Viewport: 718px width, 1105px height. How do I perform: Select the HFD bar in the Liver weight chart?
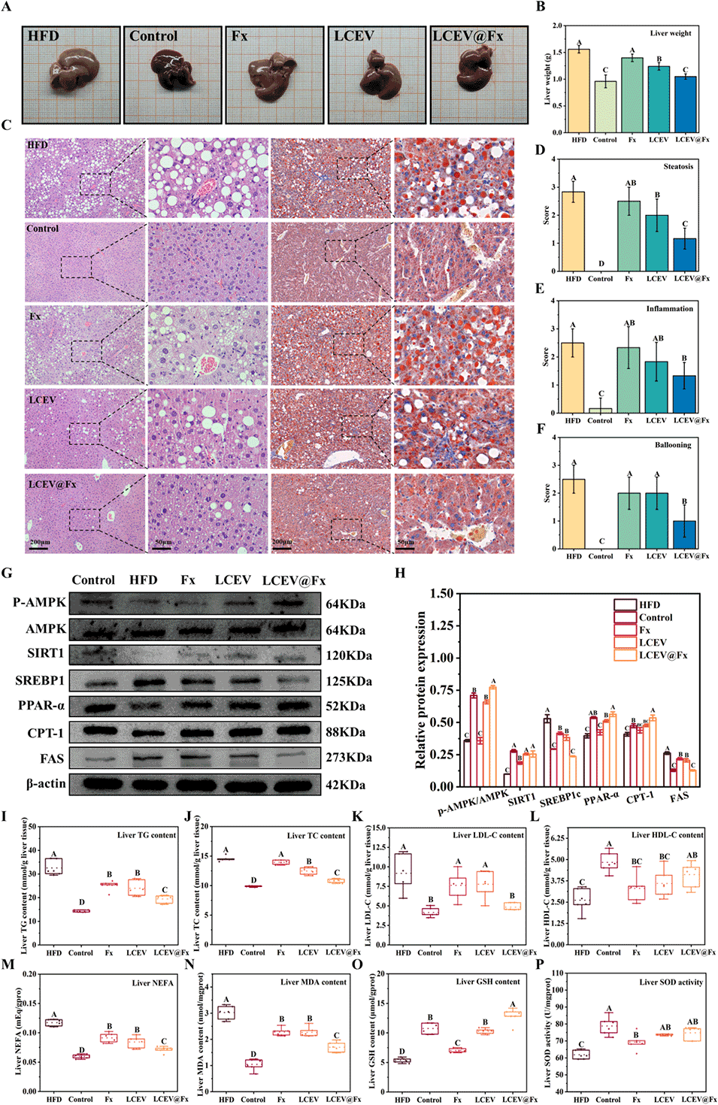pyautogui.click(x=579, y=91)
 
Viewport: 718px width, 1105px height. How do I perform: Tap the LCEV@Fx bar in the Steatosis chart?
pyautogui.click(x=685, y=255)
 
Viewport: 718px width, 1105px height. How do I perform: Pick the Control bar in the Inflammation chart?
pyautogui.click(x=600, y=410)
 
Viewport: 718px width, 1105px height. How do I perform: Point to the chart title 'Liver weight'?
pyautogui.click(x=670, y=33)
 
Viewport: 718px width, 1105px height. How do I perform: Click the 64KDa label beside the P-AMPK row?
pyautogui.click(x=345, y=604)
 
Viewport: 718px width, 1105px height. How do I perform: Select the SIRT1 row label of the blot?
pyautogui.click(x=46, y=653)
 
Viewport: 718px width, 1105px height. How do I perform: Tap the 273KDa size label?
pyautogui.click(x=348, y=758)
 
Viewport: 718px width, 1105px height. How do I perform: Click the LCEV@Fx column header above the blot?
pyautogui.click(x=293, y=580)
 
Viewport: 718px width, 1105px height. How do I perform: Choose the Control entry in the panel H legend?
pyautogui.click(x=656, y=617)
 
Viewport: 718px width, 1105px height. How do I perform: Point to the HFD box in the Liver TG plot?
pyautogui.click(x=54, y=866)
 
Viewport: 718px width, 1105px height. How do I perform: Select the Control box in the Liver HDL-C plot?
pyautogui.click(x=609, y=861)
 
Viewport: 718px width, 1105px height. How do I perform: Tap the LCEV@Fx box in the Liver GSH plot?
pyautogui.click(x=513, y=1014)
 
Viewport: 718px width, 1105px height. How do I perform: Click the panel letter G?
pyautogui.click(x=7, y=574)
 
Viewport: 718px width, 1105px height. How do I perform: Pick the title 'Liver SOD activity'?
pyautogui.click(x=671, y=982)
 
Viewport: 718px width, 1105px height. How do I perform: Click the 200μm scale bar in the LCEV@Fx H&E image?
pyautogui.click(x=38, y=548)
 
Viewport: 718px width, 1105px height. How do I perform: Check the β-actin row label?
pyautogui.click(x=46, y=784)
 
